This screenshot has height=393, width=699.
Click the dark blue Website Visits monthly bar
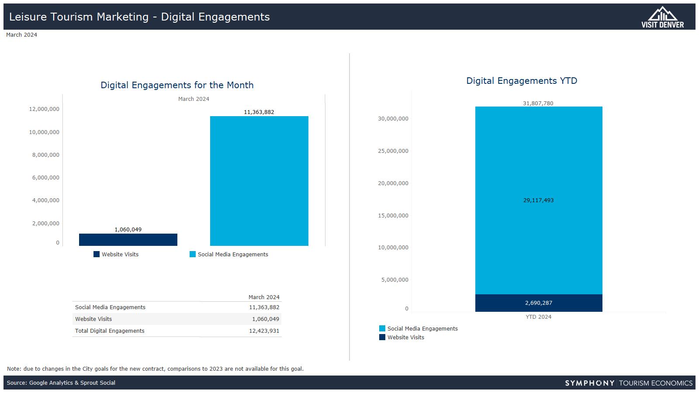(x=128, y=240)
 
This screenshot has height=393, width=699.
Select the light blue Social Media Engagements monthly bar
(x=259, y=181)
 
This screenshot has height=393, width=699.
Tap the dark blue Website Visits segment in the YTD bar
(x=539, y=303)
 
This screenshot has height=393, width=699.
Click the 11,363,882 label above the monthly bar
(x=259, y=112)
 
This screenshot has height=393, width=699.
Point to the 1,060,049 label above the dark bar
(x=128, y=230)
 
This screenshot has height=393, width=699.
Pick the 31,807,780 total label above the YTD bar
(x=538, y=103)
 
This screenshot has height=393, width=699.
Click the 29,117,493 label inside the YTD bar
(x=538, y=200)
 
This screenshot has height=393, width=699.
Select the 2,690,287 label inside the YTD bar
(x=539, y=303)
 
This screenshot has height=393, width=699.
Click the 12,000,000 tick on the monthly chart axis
(x=44, y=109)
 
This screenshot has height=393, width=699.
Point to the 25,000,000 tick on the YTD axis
(x=393, y=151)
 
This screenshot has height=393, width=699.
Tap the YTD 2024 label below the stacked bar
(x=538, y=317)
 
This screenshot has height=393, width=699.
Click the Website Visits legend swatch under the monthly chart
(x=97, y=254)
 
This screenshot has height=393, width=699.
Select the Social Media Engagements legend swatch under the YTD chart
(x=382, y=328)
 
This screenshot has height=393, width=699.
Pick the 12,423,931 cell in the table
(x=264, y=331)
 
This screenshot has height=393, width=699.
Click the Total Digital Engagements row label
(x=110, y=331)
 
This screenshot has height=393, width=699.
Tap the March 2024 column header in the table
(x=264, y=297)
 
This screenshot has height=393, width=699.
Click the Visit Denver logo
(x=662, y=17)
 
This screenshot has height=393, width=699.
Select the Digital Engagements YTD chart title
(x=522, y=81)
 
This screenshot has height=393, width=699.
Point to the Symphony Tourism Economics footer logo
(x=629, y=383)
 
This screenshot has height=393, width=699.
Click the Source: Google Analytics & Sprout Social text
(x=61, y=383)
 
